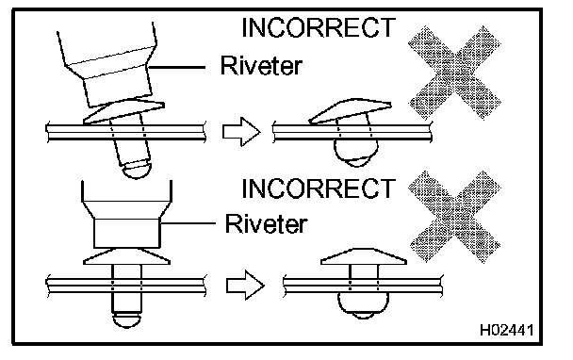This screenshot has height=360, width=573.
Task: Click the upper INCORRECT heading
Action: pos(319,27)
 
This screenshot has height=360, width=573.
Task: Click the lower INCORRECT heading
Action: pos(319,188)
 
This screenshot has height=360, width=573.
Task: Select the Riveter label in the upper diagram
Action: pos(261,65)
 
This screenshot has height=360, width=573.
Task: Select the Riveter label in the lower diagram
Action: pos(266,223)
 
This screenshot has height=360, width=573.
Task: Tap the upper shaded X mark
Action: pos(454,73)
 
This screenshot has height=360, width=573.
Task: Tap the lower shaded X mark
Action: pos(454,217)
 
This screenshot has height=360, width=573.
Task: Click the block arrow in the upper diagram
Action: pos(241,132)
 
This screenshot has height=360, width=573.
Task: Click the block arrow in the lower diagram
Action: pos(245,285)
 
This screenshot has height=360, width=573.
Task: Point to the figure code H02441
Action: pos(506,330)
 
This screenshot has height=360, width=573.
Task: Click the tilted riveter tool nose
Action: pos(108,65)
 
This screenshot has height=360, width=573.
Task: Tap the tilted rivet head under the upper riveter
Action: pos(123,111)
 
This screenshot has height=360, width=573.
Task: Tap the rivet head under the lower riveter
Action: pos(126,256)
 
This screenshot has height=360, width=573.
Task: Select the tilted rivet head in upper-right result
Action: pos(350,111)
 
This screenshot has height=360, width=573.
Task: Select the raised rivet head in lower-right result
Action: pos(364,256)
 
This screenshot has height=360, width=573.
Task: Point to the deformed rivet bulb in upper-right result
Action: pos(356,154)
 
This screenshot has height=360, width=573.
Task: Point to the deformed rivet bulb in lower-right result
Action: pos(363,306)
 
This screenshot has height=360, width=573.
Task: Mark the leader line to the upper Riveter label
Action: pos(176,67)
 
